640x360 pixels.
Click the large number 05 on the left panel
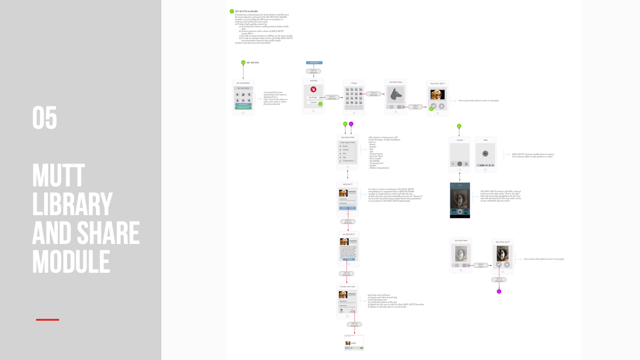(x=45, y=117)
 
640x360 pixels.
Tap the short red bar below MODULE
(x=48, y=320)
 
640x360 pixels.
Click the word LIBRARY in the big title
(x=72, y=205)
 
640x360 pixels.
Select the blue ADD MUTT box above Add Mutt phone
(x=314, y=63)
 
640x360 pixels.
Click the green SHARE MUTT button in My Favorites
(x=243, y=108)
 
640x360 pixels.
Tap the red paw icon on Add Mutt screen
(x=313, y=90)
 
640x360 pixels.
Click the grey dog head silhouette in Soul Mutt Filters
(x=395, y=95)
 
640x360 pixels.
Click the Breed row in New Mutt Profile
(x=347, y=146)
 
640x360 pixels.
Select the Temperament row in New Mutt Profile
(x=347, y=161)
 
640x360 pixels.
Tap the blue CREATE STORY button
(x=347, y=208)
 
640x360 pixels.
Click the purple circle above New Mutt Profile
(x=351, y=124)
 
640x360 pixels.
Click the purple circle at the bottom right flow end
(x=499, y=291)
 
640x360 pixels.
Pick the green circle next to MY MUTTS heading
(x=243, y=63)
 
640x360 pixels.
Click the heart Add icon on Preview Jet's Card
(x=341, y=310)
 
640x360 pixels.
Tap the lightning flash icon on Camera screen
(x=453, y=164)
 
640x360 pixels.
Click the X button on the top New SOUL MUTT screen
(x=442, y=106)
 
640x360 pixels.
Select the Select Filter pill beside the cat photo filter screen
(x=480, y=265)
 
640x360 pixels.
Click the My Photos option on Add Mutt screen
(x=313, y=97)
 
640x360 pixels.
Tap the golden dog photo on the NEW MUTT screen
(x=343, y=193)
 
